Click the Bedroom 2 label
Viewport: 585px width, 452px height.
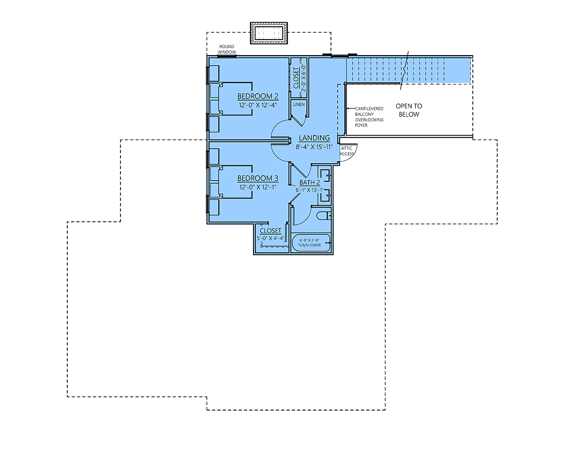tap(257, 96)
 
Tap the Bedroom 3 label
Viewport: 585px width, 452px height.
tap(257, 178)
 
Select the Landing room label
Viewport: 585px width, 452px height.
tap(314, 138)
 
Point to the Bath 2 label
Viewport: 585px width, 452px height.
tap(310, 182)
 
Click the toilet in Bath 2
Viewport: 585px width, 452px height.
tap(323, 216)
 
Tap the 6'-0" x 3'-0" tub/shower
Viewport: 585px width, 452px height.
tap(311, 243)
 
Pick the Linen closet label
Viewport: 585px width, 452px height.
tap(299, 104)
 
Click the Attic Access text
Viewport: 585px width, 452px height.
tap(347, 151)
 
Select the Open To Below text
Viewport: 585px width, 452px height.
tap(409, 110)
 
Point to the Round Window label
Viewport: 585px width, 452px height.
tap(227, 49)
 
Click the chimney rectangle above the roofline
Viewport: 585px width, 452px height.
tap(269, 33)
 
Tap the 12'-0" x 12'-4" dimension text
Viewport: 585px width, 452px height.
tap(257, 105)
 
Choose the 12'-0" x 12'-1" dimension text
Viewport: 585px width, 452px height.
tap(257, 187)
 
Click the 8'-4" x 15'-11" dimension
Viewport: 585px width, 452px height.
tap(314, 147)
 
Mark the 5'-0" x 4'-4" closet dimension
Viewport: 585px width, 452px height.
tap(270, 238)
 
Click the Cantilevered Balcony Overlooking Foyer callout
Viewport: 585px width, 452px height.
tap(369, 117)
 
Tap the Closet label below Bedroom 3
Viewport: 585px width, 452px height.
tap(270, 231)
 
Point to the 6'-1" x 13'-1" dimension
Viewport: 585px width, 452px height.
tap(310, 190)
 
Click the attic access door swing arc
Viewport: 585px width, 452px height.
tap(353, 156)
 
